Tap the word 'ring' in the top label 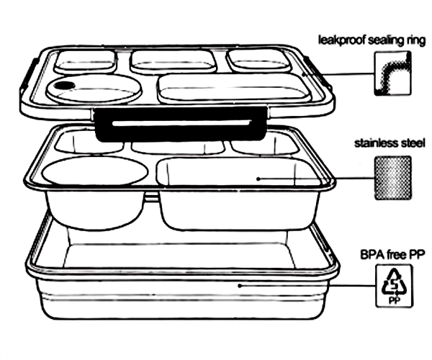[x=415, y=41]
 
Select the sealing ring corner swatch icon [x=393, y=73]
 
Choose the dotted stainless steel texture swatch [x=393, y=178]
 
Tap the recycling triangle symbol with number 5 [x=394, y=282]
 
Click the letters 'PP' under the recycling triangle [x=394, y=300]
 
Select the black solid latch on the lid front [x=180, y=125]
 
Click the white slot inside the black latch [x=181, y=123]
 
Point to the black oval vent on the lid [x=64, y=86]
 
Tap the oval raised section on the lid [x=94, y=88]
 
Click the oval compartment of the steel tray [x=95, y=171]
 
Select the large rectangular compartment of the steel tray [x=240, y=172]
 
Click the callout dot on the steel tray [x=258, y=179]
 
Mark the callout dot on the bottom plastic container [x=240, y=286]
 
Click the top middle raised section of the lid [x=174, y=62]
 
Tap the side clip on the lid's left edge [x=28, y=75]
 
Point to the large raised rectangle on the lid [x=235, y=88]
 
